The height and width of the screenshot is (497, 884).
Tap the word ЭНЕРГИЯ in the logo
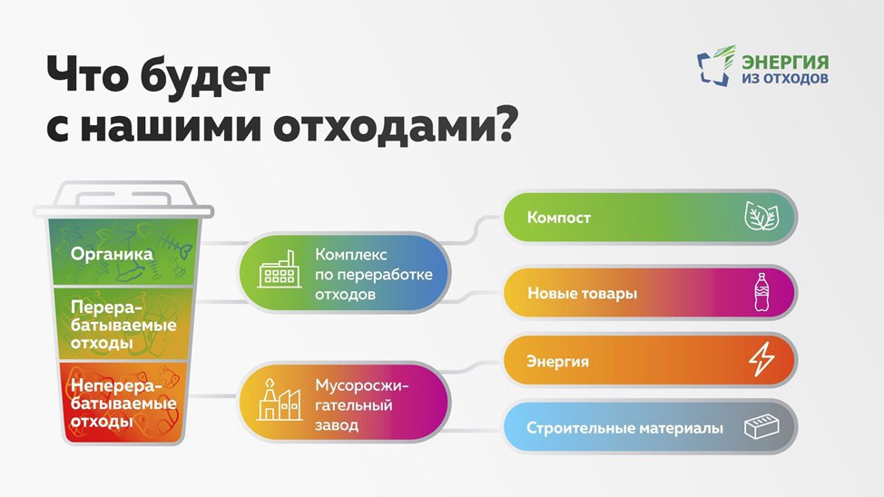pyautogui.click(x=785, y=62)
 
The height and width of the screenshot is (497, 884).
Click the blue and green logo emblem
pyautogui.click(x=717, y=66)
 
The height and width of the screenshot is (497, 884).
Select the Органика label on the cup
pyautogui.click(x=112, y=254)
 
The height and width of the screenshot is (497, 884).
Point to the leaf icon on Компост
pyautogui.click(x=761, y=217)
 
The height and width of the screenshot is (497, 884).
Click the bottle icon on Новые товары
pyautogui.click(x=761, y=292)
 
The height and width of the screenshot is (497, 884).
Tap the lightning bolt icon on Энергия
pyautogui.click(x=761, y=360)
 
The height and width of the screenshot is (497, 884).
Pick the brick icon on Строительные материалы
pyautogui.click(x=761, y=427)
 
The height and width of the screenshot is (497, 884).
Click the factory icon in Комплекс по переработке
pyautogui.click(x=279, y=269)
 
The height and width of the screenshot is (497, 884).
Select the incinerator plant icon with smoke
pyautogui.click(x=279, y=400)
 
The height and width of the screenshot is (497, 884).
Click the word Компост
pyautogui.click(x=559, y=218)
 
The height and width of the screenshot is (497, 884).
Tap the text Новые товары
pyautogui.click(x=582, y=293)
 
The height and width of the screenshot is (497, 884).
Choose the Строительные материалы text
pyautogui.click(x=624, y=428)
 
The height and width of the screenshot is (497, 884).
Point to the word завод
pyautogui.click(x=336, y=424)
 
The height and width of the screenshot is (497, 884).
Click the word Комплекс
pyautogui.click(x=350, y=254)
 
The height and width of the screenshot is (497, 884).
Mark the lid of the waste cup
pyautogui.click(x=123, y=200)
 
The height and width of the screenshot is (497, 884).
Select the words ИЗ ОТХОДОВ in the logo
pyautogui.click(x=785, y=78)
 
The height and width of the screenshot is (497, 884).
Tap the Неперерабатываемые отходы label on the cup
pyautogui.click(x=123, y=404)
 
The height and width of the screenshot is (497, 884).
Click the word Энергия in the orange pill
pyautogui.click(x=557, y=361)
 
